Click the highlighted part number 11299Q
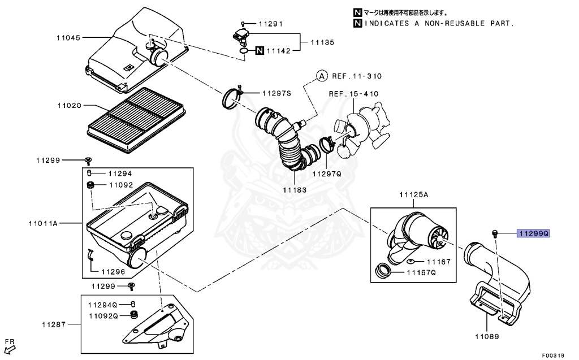pyautogui.click(x=533, y=233)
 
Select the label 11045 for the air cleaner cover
pyautogui.click(x=68, y=38)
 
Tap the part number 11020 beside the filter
pyautogui.click(x=68, y=105)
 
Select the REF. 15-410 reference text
pyautogui.click(x=354, y=94)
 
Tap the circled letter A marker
pyautogui.click(x=321, y=76)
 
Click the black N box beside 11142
pyautogui.click(x=258, y=51)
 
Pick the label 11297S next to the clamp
pyautogui.click(x=276, y=93)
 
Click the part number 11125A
pyautogui.click(x=414, y=194)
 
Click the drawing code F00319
pyautogui.click(x=552, y=355)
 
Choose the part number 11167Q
pyautogui.click(x=421, y=272)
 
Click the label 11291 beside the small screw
pyautogui.click(x=270, y=24)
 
